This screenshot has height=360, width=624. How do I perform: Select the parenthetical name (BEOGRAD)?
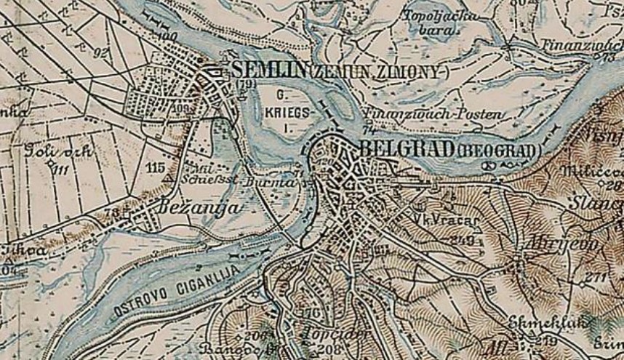[500, 151]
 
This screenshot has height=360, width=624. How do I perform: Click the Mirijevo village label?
[564, 244]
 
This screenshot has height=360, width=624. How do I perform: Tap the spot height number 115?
[155, 167]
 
